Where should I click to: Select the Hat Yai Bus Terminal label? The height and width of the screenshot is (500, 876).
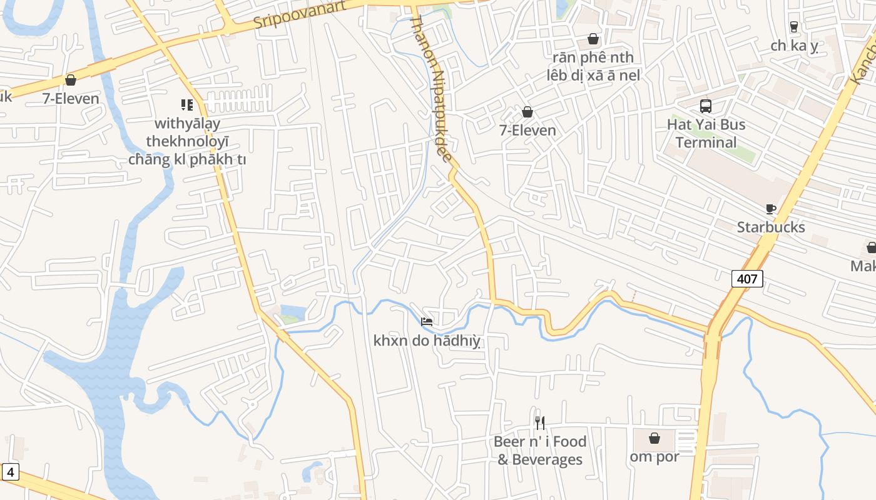click(706, 133)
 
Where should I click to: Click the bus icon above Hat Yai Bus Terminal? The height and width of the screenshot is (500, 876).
click(706, 106)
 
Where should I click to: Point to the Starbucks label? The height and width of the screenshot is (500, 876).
click(770, 227)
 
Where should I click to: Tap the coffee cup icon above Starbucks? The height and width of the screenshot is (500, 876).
click(770, 209)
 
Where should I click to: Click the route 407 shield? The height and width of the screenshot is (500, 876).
click(747, 279)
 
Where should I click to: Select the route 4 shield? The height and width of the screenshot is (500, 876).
click(10, 472)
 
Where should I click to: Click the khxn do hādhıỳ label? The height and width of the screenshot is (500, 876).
click(427, 341)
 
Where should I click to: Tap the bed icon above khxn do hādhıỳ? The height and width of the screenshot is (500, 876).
click(427, 322)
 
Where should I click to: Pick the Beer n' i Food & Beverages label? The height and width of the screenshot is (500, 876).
click(540, 451)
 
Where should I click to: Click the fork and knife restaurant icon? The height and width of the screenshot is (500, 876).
click(540, 423)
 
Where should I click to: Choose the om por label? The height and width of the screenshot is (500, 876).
click(654, 456)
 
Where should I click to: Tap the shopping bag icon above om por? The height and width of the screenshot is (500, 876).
click(654, 438)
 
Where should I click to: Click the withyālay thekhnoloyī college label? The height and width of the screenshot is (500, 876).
click(186, 141)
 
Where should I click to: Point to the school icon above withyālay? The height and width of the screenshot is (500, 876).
click(186, 104)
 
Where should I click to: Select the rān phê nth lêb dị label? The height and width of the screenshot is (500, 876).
click(593, 66)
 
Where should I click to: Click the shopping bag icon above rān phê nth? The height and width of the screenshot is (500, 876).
click(593, 39)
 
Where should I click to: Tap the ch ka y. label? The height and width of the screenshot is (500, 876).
click(794, 46)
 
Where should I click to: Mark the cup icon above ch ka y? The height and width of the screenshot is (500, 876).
click(794, 26)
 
